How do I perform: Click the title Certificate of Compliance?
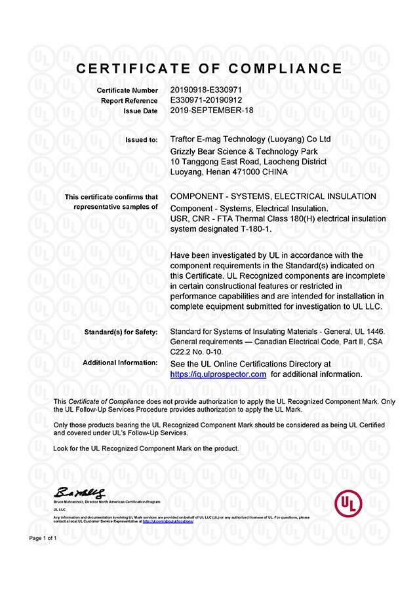pos(208,69)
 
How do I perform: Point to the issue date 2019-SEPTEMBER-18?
pos(212,111)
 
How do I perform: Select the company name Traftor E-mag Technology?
pos(223,139)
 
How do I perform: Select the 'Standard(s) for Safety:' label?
pos(121,332)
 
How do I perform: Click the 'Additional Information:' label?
pos(120,363)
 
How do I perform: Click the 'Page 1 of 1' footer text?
pos(43,538)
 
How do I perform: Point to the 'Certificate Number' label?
pos(127,90)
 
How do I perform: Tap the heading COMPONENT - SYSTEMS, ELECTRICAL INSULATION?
pos(273,196)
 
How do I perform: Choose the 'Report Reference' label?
pos(129,100)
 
